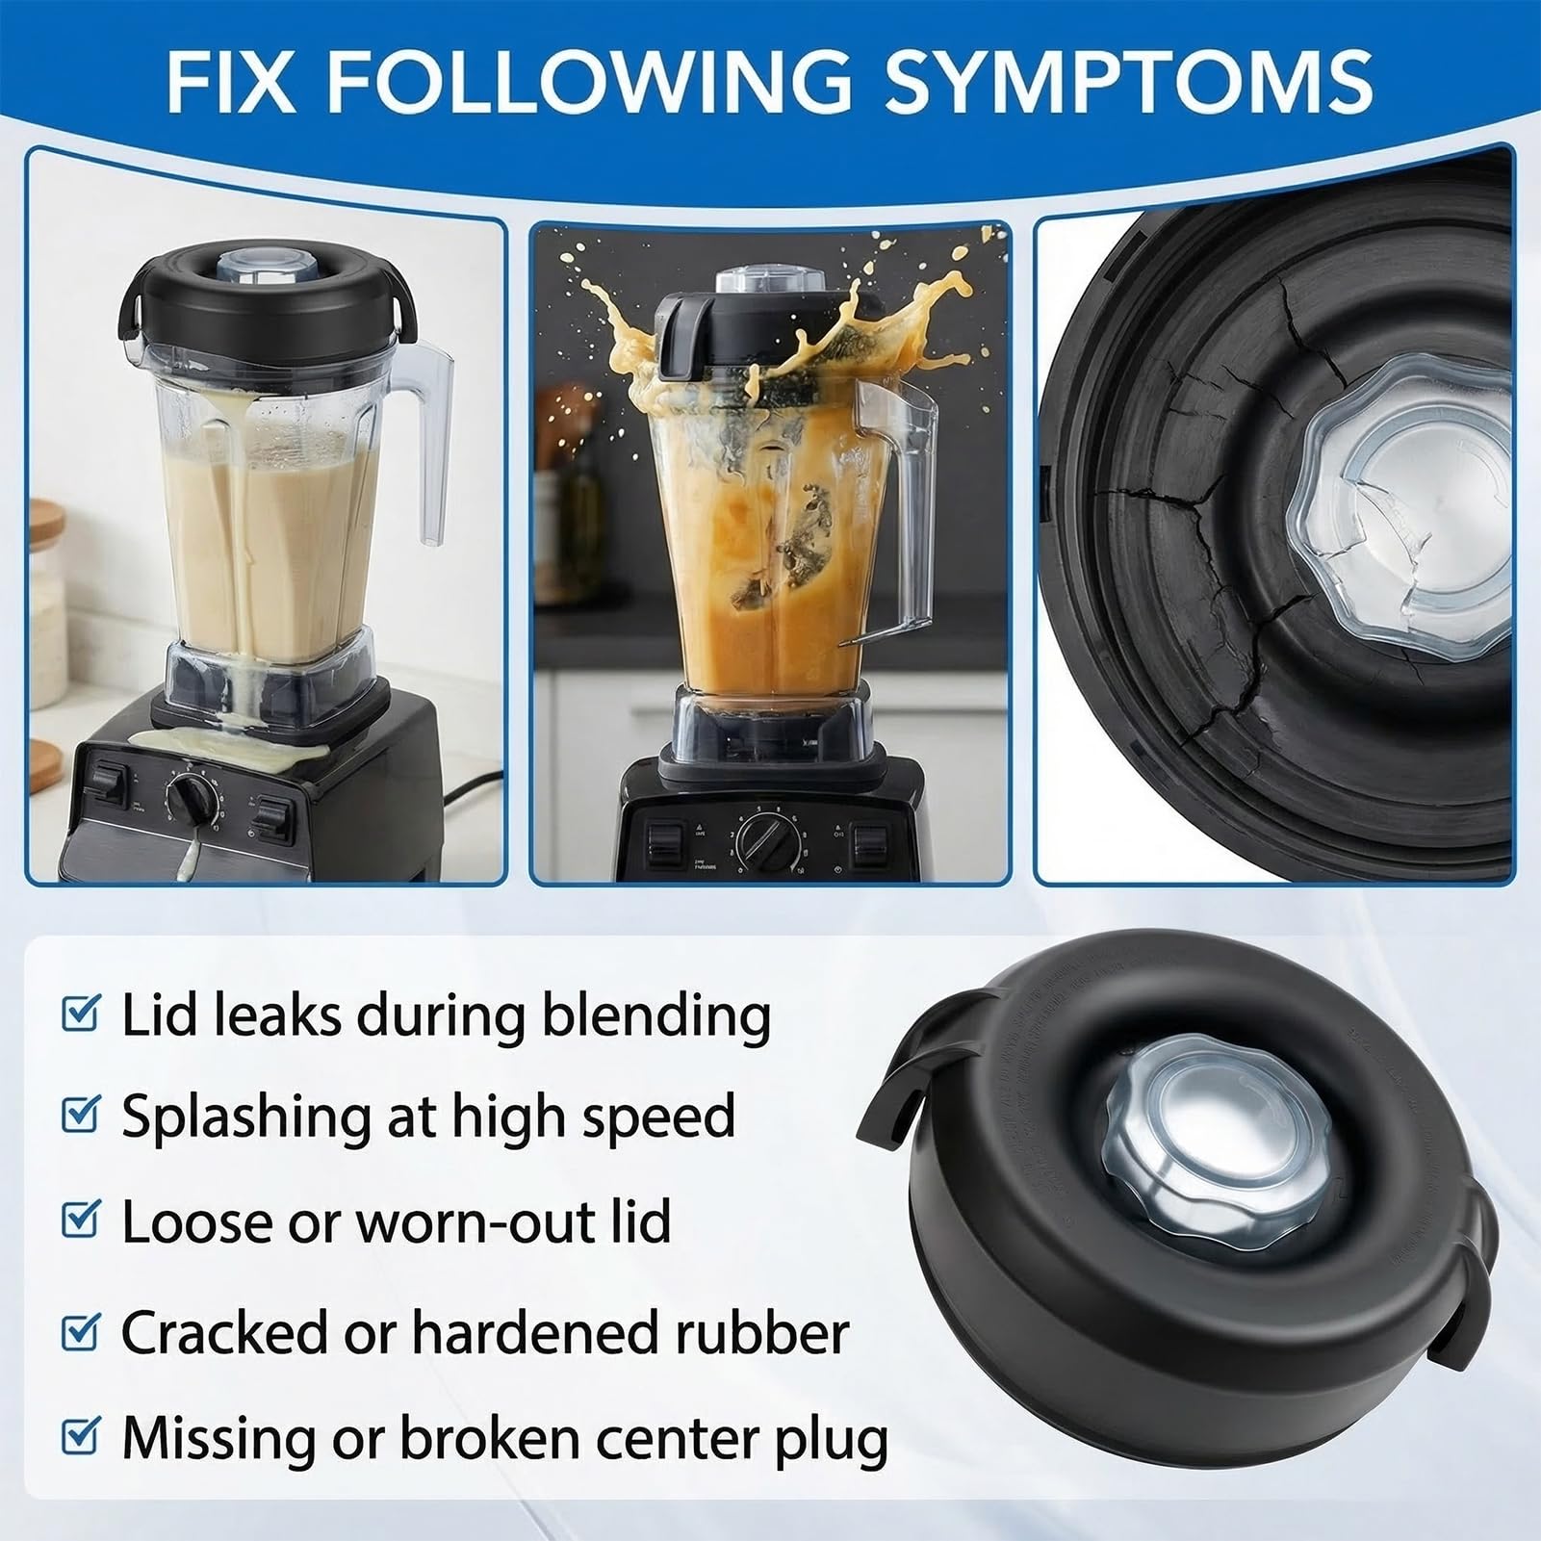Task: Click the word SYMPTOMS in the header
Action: point(1128,81)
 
